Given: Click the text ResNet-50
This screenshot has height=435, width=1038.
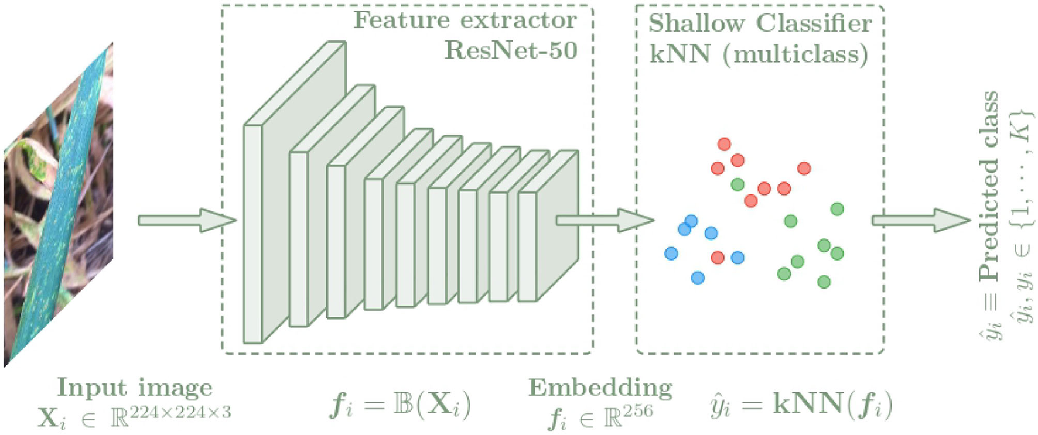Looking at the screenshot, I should pos(511,50).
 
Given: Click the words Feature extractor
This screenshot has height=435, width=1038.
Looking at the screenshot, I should pos(465,20).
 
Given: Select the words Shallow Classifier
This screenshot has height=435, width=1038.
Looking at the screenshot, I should pos(760,23).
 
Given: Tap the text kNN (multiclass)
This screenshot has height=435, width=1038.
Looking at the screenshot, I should pos(759,54).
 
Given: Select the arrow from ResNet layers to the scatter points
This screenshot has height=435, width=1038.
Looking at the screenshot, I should pos(603,221).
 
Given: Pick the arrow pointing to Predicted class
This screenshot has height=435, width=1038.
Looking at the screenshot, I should pos(920,221).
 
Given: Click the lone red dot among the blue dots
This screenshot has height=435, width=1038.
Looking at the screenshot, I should pos(718,257).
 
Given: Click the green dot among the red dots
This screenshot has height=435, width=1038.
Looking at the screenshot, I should pos(737,184).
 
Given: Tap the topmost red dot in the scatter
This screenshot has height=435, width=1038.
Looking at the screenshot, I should pos(724,144).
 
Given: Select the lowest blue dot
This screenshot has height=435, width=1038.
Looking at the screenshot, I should pos(697,278).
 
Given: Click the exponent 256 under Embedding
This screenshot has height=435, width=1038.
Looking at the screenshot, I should pos(637,412).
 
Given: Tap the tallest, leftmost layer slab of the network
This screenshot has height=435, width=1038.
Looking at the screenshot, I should pos(253,234).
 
